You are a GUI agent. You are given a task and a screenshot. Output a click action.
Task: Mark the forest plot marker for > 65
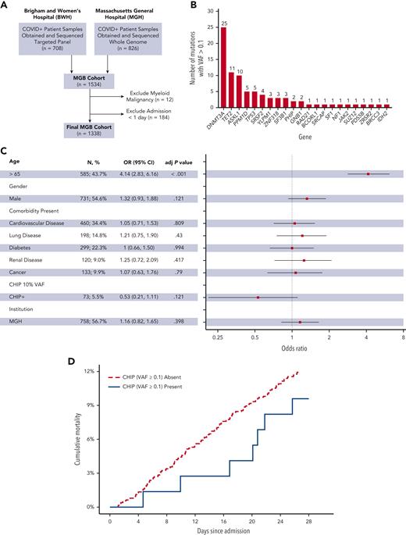click(x=368, y=174)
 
